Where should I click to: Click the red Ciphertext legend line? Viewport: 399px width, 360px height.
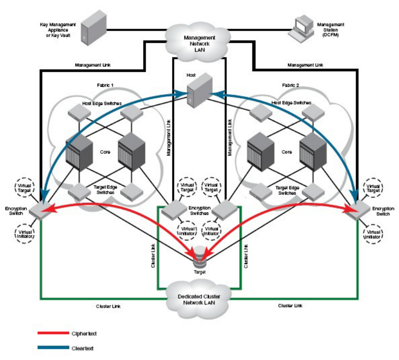(x=53, y=333)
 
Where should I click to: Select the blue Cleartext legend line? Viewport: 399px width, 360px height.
(x=53, y=348)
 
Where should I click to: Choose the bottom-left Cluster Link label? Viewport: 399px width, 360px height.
(x=109, y=306)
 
